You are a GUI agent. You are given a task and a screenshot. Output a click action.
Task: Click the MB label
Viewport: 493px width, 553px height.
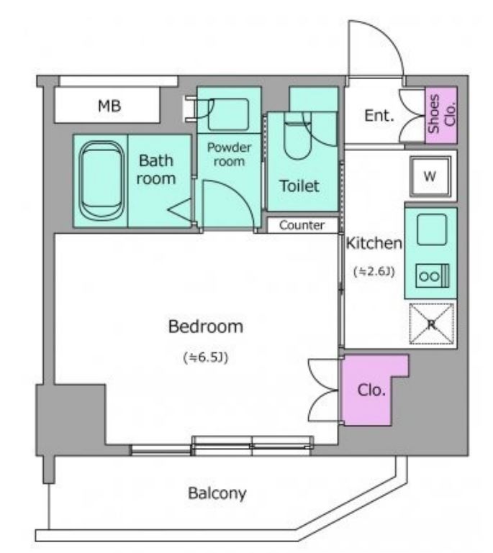pyautogui.click(x=109, y=106)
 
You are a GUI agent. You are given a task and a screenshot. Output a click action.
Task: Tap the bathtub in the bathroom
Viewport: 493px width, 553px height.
pyautogui.click(x=102, y=180)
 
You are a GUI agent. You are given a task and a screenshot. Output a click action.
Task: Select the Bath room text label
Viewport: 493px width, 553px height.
pyautogui.click(x=156, y=170)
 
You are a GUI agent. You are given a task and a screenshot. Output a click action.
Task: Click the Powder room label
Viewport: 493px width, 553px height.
pyautogui.click(x=229, y=154)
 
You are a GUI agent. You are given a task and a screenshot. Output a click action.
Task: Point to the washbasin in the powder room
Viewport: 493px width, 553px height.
pyautogui.click(x=228, y=114)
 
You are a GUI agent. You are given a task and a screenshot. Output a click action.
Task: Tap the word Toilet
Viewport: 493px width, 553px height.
pyautogui.click(x=299, y=186)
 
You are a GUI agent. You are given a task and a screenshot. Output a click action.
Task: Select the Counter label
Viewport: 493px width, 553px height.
pyautogui.click(x=302, y=225)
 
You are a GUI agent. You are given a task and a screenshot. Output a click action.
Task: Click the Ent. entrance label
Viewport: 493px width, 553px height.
pyautogui.click(x=379, y=115)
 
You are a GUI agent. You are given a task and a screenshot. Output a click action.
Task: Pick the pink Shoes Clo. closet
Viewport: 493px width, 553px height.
pyautogui.click(x=441, y=114)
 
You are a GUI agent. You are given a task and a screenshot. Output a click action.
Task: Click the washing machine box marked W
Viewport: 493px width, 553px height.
pyautogui.click(x=430, y=175)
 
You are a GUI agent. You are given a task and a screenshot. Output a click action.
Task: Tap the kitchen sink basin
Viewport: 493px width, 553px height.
pyautogui.click(x=432, y=229)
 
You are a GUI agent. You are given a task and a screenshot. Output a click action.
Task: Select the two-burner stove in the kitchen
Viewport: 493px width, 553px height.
pyautogui.click(x=433, y=276)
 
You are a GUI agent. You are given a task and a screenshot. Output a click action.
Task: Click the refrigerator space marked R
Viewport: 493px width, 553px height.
pyautogui.click(x=432, y=324)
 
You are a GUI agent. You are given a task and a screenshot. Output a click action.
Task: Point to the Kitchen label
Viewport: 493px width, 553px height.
pyautogui.click(x=374, y=243)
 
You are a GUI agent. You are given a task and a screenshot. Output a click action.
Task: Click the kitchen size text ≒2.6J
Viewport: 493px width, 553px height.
pyautogui.click(x=374, y=271)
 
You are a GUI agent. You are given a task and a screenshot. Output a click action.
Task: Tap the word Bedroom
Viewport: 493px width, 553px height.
pyautogui.click(x=206, y=326)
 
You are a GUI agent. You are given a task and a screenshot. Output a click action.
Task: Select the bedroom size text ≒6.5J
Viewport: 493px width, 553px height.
pyautogui.click(x=206, y=357)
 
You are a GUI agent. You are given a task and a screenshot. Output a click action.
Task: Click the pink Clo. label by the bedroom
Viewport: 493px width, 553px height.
pyautogui.click(x=371, y=390)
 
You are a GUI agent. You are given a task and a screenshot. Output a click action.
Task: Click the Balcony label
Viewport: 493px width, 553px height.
pyautogui.click(x=217, y=493)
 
